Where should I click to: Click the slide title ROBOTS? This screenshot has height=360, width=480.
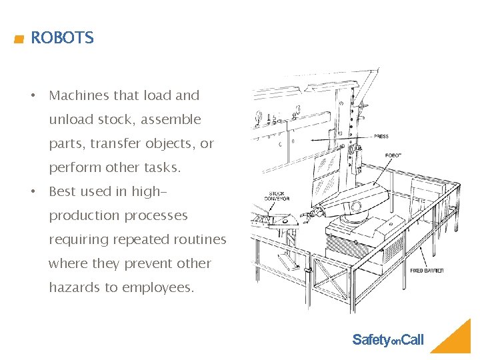tap(62, 38)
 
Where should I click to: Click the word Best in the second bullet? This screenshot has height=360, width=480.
tap(63, 191)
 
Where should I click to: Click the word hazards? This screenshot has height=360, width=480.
tap(73, 287)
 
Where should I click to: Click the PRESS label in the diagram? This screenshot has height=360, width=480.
tap(381, 137)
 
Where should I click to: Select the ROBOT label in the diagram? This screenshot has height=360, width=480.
tap(393, 155)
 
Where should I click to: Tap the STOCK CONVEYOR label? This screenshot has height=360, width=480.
tap(276, 196)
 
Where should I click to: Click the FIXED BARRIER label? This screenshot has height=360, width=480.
tap(427, 271)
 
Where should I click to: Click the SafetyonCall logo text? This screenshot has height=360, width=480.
tap(387, 340)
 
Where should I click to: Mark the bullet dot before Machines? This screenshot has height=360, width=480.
tap(32, 95)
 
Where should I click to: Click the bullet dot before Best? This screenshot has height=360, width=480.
tap(32, 191)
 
